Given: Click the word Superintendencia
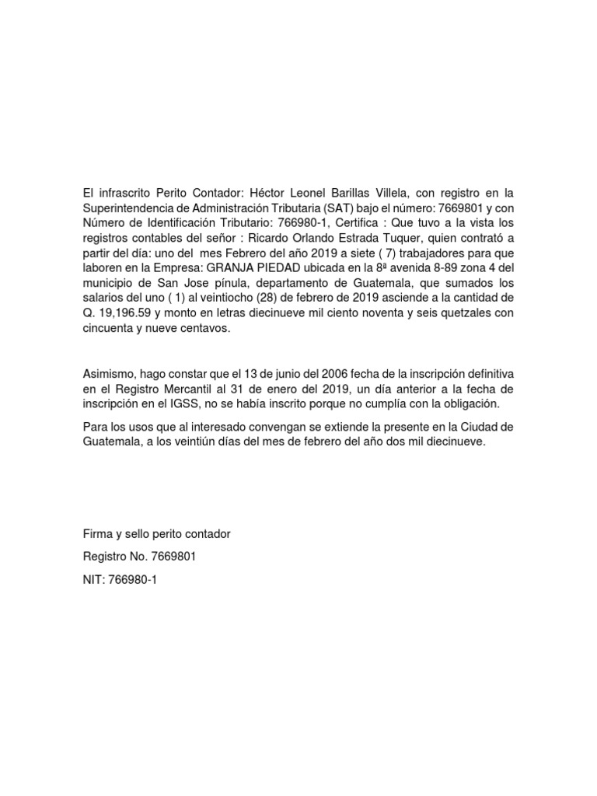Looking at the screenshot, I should pos(128,208).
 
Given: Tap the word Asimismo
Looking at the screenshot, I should pos(110,375).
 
